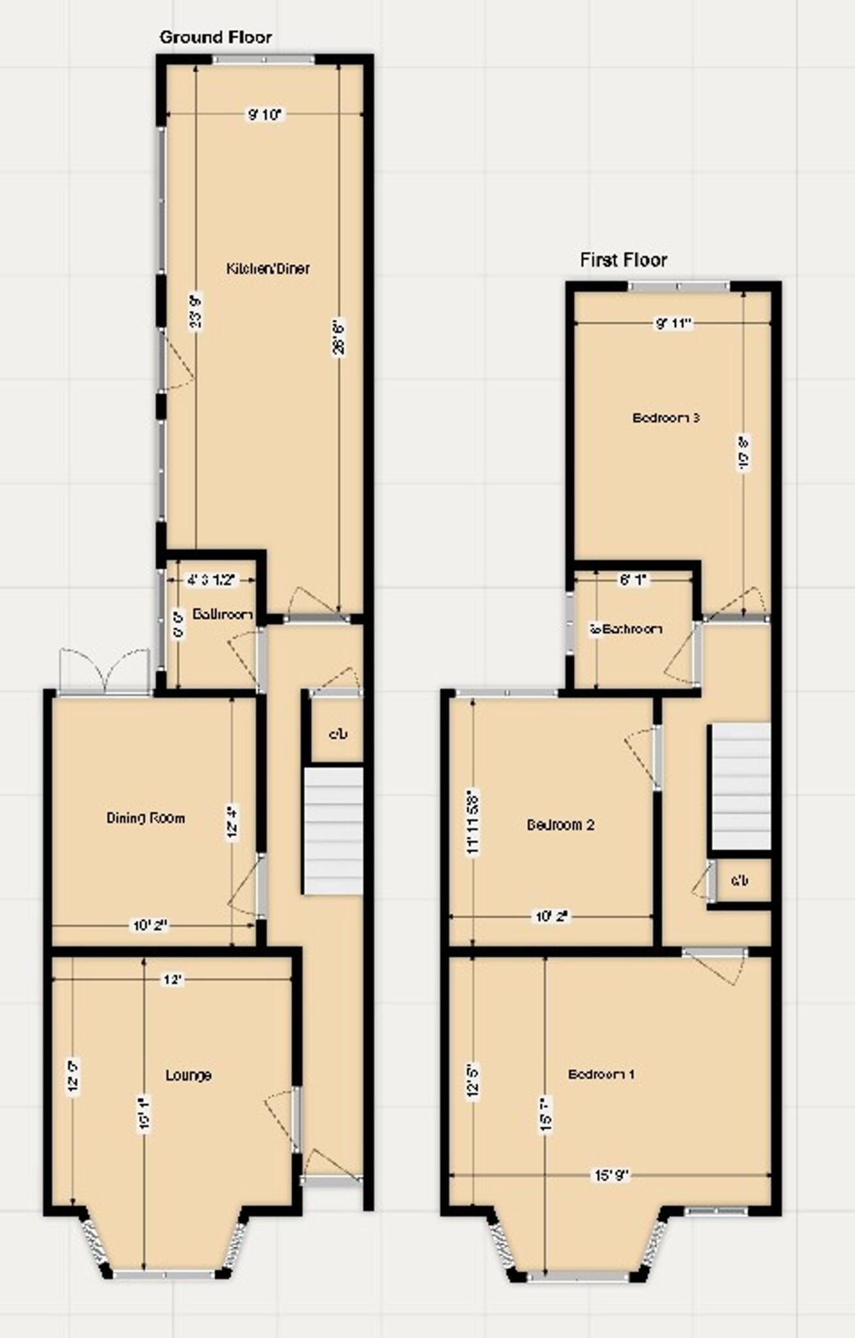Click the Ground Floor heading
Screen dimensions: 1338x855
(x=216, y=37)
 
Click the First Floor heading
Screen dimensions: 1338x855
(x=624, y=260)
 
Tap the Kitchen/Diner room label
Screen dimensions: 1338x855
(x=268, y=268)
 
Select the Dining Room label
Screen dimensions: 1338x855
(x=146, y=817)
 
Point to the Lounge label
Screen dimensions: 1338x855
(x=188, y=1075)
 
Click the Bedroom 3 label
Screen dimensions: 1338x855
(x=666, y=417)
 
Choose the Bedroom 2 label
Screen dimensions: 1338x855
(x=560, y=824)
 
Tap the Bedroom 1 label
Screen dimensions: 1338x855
(x=601, y=1074)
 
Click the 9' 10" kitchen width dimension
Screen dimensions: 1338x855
(x=264, y=115)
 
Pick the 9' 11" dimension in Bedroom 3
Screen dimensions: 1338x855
(x=673, y=323)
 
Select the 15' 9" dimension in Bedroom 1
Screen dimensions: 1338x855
(x=611, y=1176)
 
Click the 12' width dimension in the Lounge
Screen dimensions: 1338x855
(x=172, y=980)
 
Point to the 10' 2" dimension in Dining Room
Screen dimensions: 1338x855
(x=150, y=925)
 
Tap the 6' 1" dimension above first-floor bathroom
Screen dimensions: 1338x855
(x=632, y=579)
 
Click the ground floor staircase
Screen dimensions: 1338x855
(x=333, y=830)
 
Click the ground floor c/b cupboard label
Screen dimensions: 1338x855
(x=338, y=734)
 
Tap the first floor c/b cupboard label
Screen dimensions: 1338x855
(x=740, y=881)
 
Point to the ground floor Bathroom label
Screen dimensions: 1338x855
(x=223, y=614)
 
